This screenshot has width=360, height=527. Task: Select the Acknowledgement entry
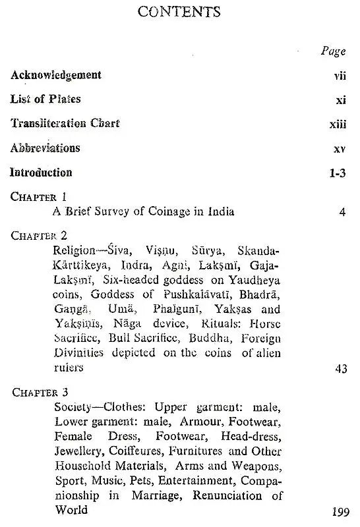coord(56,75)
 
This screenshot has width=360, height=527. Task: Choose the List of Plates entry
coord(45,99)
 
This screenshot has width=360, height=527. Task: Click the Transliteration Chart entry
coord(65,123)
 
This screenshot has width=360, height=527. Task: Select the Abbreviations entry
coord(45,148)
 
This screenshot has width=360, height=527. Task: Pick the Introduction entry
coord(42,173)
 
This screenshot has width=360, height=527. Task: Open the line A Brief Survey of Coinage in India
coord(144,211)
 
